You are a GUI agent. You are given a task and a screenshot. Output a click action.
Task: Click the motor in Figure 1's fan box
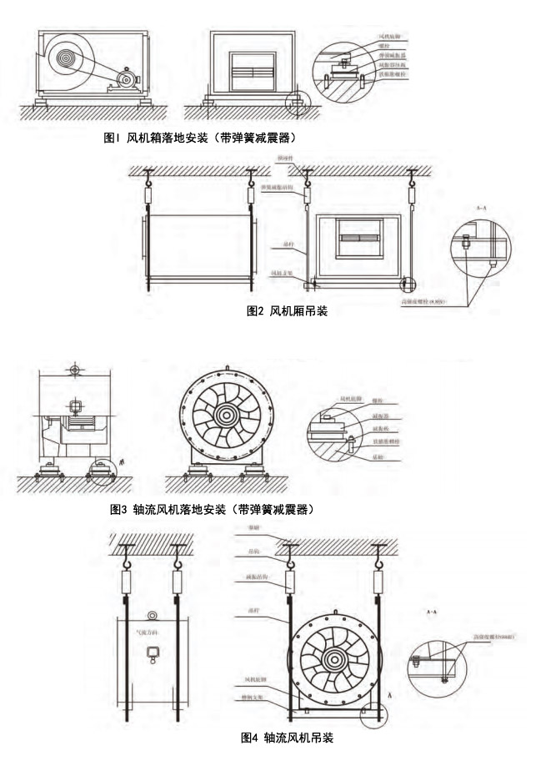click(127, 80)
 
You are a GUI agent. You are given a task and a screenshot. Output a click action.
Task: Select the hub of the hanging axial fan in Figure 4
click(336, 659)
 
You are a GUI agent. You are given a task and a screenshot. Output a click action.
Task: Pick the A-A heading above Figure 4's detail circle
click(433, 615)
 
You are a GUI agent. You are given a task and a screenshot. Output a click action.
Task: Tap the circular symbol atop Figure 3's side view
click(74, 368)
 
